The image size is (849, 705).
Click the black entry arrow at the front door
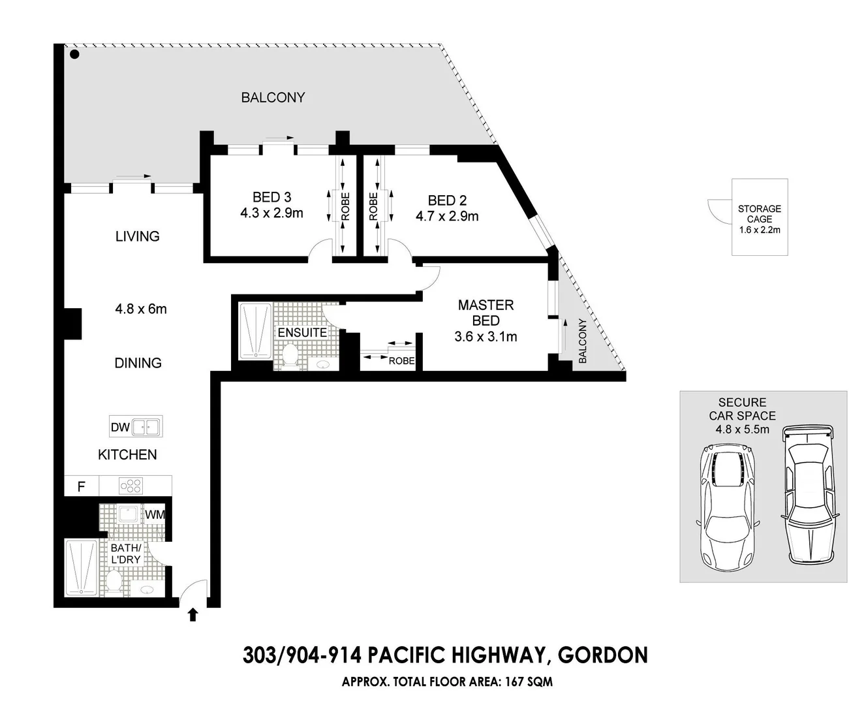(x=193, y=614)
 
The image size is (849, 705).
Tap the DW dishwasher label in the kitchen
(x=120, y=428)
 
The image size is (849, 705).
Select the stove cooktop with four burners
(x=131, y=486)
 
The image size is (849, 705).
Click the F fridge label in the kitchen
(x=82, y=486)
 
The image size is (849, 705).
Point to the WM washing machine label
(x=155, y=514)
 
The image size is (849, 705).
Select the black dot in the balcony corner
(x=74, y=55)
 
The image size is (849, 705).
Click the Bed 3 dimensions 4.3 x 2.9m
(x=271, y=213)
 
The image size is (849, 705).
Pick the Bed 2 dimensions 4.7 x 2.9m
(x=447, y=216)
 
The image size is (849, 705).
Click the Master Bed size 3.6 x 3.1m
(x=486, y=337)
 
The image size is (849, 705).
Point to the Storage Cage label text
(x=759, y=214)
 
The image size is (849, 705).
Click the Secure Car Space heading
(x=742, y=409)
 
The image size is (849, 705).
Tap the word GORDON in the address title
(x=603, y=655)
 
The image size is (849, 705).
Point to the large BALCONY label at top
(x=273, y=97)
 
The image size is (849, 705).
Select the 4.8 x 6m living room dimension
(x=141, y=309)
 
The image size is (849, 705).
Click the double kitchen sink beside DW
(x=147, y=428)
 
